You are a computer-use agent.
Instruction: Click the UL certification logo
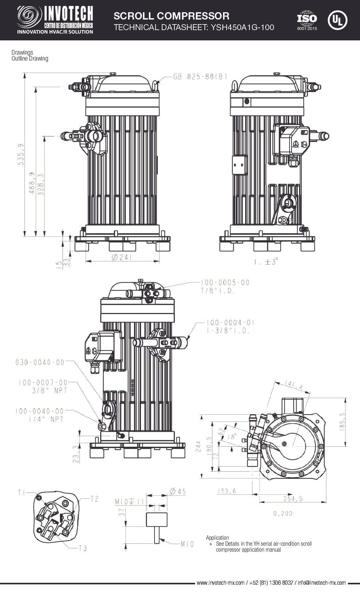tap(337, 21)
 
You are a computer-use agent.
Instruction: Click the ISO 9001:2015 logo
tap(307, 21)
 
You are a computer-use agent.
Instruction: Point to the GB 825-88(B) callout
tap(200, 77)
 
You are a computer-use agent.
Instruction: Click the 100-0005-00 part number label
tap(225, 283)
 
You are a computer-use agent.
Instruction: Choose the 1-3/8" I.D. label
tap(228, 331)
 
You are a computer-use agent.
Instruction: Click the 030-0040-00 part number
tap(40, 362)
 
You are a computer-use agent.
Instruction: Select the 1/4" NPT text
tap(45, 419)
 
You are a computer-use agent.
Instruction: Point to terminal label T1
tap(22, 493)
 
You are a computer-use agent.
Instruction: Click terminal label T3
tap(82, 548)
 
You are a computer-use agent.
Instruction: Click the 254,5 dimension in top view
tap(293, 499)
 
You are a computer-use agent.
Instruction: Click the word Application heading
tap(217, 538)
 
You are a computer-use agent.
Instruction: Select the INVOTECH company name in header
tap(68, 14)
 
